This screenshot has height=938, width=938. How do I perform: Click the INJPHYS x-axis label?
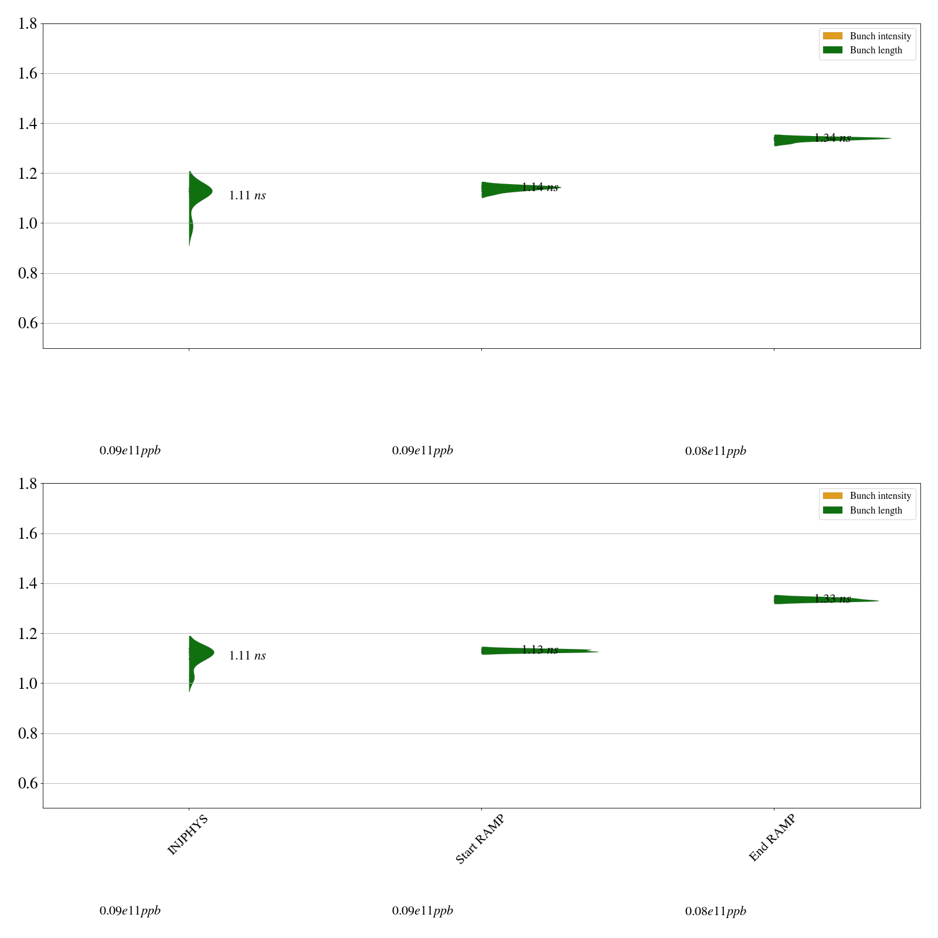click(188, 835)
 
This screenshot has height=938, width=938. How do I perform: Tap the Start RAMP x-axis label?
click(480, 839)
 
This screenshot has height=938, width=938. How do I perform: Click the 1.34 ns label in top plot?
click(832, 138)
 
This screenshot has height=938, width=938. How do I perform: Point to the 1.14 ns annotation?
click(539, 188)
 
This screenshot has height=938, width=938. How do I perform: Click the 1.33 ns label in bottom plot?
click(832, 599)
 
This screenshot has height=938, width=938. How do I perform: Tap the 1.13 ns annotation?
click(539, 650)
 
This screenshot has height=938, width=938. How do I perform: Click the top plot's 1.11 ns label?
click(247, 196)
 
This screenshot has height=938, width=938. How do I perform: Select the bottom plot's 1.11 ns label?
click(247, 656)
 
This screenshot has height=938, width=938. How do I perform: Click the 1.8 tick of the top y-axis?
click(28, 23)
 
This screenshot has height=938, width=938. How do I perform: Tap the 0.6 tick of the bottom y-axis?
click(28, 784)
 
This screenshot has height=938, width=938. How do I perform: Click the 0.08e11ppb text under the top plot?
click(715, 451)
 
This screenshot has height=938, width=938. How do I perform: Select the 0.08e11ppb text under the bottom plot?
click(715, 912)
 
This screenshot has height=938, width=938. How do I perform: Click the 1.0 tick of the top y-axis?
click(28, 223)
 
